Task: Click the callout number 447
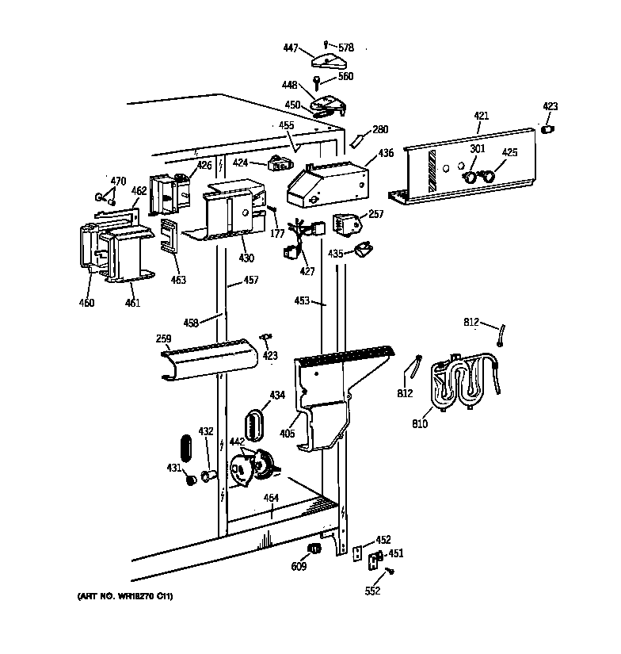290,48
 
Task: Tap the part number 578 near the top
345,48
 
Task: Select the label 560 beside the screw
345,77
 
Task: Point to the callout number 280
380,128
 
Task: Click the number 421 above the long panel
482,117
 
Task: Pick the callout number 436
386,152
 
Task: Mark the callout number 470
118,182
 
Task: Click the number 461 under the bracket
132,303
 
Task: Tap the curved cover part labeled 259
210,361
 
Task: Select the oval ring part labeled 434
254,423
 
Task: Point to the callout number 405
287,434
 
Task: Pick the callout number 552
373,591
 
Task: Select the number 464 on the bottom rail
271,498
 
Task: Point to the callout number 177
277,233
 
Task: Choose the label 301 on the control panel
477,148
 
